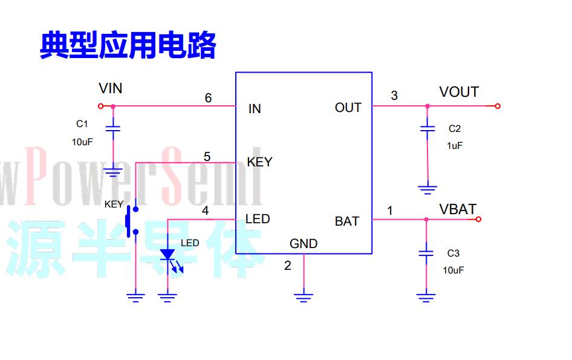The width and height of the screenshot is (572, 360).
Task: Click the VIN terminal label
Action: tap(110, 88)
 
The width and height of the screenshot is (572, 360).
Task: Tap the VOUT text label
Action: tap(459, 92)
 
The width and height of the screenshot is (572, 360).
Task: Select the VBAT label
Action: tap(458, 209)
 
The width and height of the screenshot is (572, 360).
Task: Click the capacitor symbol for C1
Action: tap(113, 128)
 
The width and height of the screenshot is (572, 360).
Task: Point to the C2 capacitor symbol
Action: tap(427, 128)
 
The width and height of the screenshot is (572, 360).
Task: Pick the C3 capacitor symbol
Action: tap(426, 253)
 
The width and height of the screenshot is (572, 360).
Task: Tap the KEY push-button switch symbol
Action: tap(131, 221)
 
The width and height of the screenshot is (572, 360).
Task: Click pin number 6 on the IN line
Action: tap(208, 98)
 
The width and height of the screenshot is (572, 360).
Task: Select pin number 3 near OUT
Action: tap(394, 96)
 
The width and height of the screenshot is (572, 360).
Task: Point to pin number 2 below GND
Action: tap(287, 266)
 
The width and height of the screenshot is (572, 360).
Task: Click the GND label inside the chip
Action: tap(304, 243)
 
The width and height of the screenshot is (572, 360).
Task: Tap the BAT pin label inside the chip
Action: tap(347, 221)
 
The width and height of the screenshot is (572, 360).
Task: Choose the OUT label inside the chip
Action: tap(348, 108)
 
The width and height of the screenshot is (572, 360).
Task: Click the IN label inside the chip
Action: tap(255, 109)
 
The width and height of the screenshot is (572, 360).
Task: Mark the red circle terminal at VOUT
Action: tap(497, 106)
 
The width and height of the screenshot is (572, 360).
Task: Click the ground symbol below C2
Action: tap(427, 189)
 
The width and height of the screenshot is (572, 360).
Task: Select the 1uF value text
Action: tap(455, 146)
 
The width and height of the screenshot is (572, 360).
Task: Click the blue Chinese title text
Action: tap(128, 45)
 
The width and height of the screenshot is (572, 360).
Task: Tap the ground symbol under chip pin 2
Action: tap(304, 298)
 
